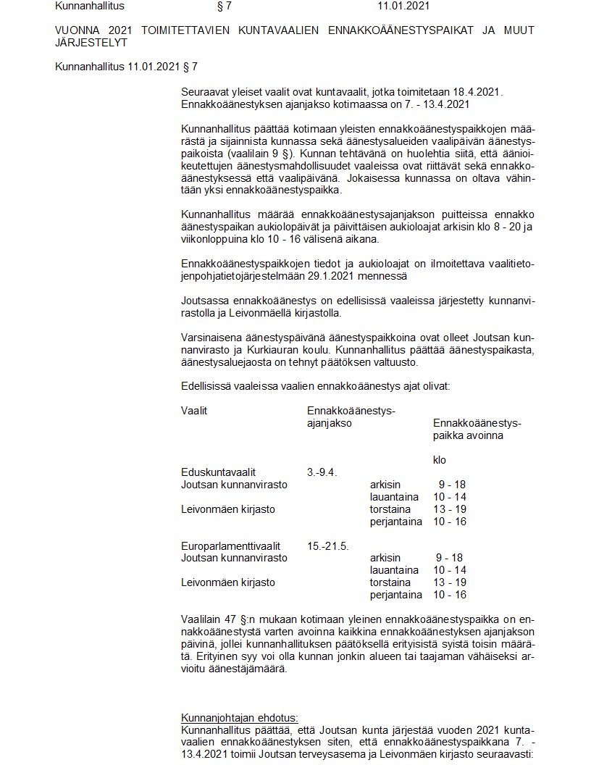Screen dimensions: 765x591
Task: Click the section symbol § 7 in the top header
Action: point(224,7)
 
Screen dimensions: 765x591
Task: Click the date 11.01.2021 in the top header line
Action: point(404,7)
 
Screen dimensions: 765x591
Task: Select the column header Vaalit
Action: point(194,411)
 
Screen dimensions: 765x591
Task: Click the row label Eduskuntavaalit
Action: point(218,472)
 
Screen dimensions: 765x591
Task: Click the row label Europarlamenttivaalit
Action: point(231,546)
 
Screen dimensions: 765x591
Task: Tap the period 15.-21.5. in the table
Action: point(328,546)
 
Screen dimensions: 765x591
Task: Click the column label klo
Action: point(440,460)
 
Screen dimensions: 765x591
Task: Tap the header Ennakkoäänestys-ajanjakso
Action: point(351,417)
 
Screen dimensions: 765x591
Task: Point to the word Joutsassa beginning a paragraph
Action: point(204,301)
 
